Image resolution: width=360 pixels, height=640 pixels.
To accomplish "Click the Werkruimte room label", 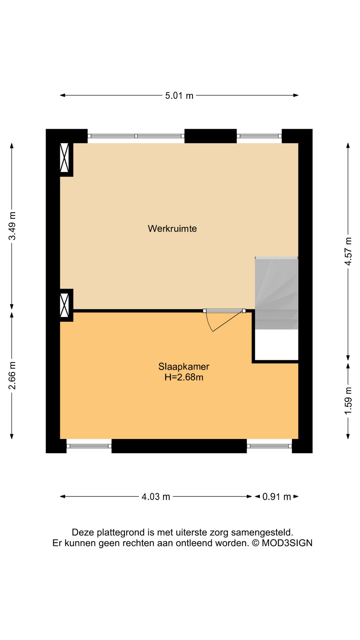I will click(x=172, y=229).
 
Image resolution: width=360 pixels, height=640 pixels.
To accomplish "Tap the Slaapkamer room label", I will click(x=184, y=366).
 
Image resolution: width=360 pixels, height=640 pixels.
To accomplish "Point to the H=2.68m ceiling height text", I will click(x=184, y=377).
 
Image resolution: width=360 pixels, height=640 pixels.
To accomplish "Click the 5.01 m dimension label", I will click(x=179, y=96).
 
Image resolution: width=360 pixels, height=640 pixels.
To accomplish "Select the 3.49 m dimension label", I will click(x=12, y=226).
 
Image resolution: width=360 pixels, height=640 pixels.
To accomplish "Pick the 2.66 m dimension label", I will click(x=12, y=375).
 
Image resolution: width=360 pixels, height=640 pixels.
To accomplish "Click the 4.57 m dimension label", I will click(x=348, y=251).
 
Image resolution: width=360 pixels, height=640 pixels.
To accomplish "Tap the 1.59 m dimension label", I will click(x=348, y=401).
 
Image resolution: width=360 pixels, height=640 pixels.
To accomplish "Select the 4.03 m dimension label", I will click(x=156, y=497).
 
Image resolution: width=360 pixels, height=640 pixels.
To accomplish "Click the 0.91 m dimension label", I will click(x=276, y=497).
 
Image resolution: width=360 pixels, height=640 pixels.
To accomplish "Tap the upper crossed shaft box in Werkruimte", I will click(x=64, y=157).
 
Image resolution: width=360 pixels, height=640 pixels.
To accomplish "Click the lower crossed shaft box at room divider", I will click(x=64, y=305).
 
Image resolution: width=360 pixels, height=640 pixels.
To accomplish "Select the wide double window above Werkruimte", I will click(x=136, y=136).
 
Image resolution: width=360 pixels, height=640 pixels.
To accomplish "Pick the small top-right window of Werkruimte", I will click(x=259, y=136).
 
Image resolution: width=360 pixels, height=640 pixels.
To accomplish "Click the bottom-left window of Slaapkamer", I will click(x=89, y=446).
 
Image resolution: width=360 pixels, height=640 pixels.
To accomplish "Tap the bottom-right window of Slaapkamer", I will click(x=269, y=446).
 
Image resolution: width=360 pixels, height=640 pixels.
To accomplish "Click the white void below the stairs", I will click(x=276, y=345).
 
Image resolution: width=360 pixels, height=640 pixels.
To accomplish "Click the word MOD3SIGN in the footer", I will click(x=287, y=543).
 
